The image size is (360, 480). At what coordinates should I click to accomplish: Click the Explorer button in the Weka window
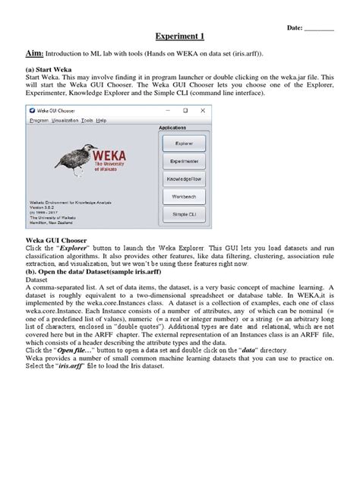[183, 142]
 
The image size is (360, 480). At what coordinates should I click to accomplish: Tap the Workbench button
[183, 197]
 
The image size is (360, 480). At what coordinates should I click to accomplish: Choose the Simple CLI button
[183, 215]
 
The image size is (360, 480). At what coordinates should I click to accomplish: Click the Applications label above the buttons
[182, 128]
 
